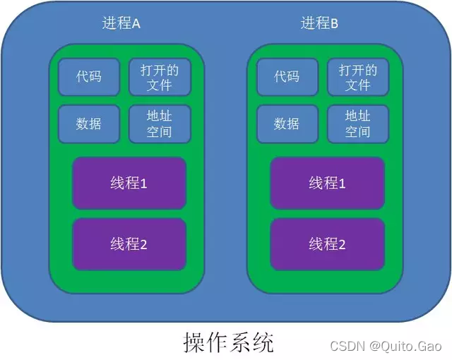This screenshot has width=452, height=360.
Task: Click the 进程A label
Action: [121, 23]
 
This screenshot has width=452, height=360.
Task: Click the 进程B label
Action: [320, 23]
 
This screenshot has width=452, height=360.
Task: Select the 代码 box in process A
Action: [89, 77]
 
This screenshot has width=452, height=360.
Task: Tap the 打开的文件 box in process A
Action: [160, 77]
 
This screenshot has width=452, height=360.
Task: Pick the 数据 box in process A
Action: [89, 124]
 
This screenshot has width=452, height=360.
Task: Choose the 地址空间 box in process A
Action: [160, 124]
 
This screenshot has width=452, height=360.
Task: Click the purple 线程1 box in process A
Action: [129, 184]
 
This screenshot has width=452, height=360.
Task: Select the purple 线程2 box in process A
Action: [129, 244]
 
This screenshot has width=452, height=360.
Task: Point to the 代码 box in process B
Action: [287, 77]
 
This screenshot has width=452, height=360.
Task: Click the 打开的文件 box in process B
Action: [358, 77]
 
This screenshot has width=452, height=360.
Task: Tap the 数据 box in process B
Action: [287, 124]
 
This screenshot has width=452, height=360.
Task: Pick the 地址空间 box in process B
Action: [358, 124]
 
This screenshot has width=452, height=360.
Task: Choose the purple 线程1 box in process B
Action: [327, 184]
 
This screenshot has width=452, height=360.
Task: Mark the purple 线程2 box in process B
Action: [327, 244]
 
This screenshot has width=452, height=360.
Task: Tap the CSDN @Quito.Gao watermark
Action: [386, 346]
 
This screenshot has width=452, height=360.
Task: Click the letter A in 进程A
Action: [136, 24]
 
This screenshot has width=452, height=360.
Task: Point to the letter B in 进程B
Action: [334, 24]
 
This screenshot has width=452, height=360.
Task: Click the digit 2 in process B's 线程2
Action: [342, 245]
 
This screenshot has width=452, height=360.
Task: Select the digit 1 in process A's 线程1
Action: [143, 184]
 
